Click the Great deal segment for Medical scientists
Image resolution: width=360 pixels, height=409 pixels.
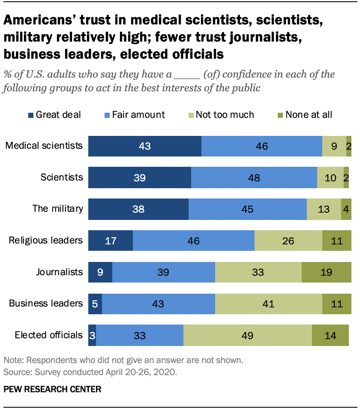pos(145,146)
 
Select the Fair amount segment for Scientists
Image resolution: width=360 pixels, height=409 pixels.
pos(254,178)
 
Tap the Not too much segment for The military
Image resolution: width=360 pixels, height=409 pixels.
pos(324,209)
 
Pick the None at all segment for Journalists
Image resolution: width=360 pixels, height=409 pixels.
pos(327,272)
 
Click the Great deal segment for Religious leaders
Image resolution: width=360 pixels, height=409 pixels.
pos(111,241)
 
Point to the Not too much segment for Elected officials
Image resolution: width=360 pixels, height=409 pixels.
pos(248,335)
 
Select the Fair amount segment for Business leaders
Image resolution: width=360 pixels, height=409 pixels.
pos(158,304)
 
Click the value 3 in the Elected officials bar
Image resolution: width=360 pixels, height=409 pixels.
pos(92,335)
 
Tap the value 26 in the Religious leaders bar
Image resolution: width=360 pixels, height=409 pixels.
pos(288,241)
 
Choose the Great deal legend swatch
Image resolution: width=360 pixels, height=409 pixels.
pos(30,115)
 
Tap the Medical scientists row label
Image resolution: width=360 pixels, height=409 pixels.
pos(44,145)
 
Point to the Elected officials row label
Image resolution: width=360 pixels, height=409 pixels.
pos(48,335)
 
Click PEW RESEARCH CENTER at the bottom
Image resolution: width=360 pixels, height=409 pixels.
pos(52,389)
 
